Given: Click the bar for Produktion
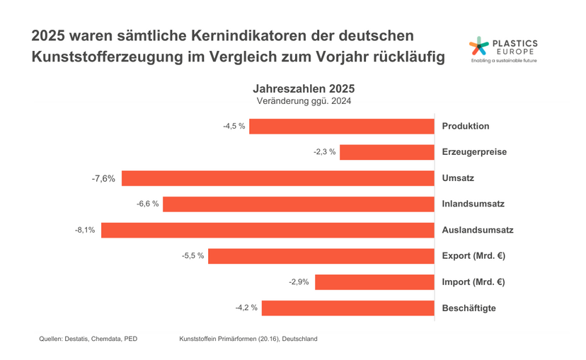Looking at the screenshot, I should (x=341, y=126).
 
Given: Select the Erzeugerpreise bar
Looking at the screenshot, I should (x=387, y=152).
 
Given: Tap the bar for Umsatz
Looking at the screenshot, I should (x=277, y=178).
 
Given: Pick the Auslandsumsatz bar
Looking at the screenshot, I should (x=268, y=230).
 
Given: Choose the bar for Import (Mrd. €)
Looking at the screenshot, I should (x=374, y=282).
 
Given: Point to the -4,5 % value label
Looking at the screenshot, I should (x=234, y=127).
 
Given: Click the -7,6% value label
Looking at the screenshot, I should (x=103, y=178).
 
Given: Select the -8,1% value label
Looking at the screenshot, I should (x=85, y=231).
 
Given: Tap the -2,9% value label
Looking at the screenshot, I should (x=299, y=282).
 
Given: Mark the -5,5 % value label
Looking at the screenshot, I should (x=193, y=256).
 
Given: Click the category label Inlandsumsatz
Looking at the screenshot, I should (x=473, y=204).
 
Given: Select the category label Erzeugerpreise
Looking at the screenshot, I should (x=474, y=152).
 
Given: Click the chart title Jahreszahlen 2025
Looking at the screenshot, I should (x=304, y=89).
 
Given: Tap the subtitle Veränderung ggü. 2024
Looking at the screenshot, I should (x=304, y=101).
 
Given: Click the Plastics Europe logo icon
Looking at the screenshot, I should (x=479, y=47).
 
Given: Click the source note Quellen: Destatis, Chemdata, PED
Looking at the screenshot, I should (x=88, y=339).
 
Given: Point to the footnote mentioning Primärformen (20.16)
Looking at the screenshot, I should (x=248, y=339).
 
